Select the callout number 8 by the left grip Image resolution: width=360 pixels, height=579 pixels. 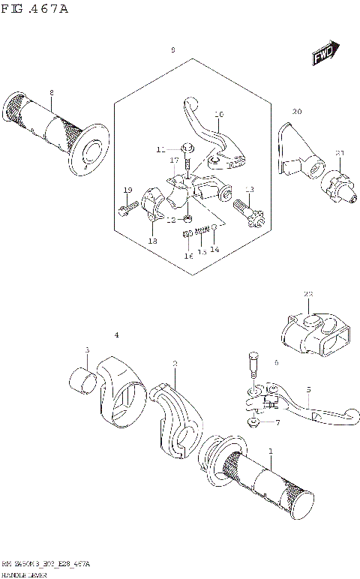[51, 94]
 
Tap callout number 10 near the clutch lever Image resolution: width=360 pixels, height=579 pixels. [219, 115]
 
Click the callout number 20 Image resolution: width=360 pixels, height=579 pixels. [297, 112]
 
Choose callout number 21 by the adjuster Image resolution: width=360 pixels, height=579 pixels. [340, 154]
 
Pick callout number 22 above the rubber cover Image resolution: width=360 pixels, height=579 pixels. [307, 293]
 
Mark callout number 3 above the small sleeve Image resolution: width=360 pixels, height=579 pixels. [87, 350]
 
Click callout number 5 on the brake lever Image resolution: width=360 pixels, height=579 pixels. [307, 389]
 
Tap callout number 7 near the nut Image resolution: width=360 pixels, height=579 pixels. [277, 423]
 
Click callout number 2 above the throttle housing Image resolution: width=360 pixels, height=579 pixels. [175, 364]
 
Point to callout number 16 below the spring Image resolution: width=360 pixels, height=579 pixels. [189, 256]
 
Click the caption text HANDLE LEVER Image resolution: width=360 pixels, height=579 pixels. [25, 573]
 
